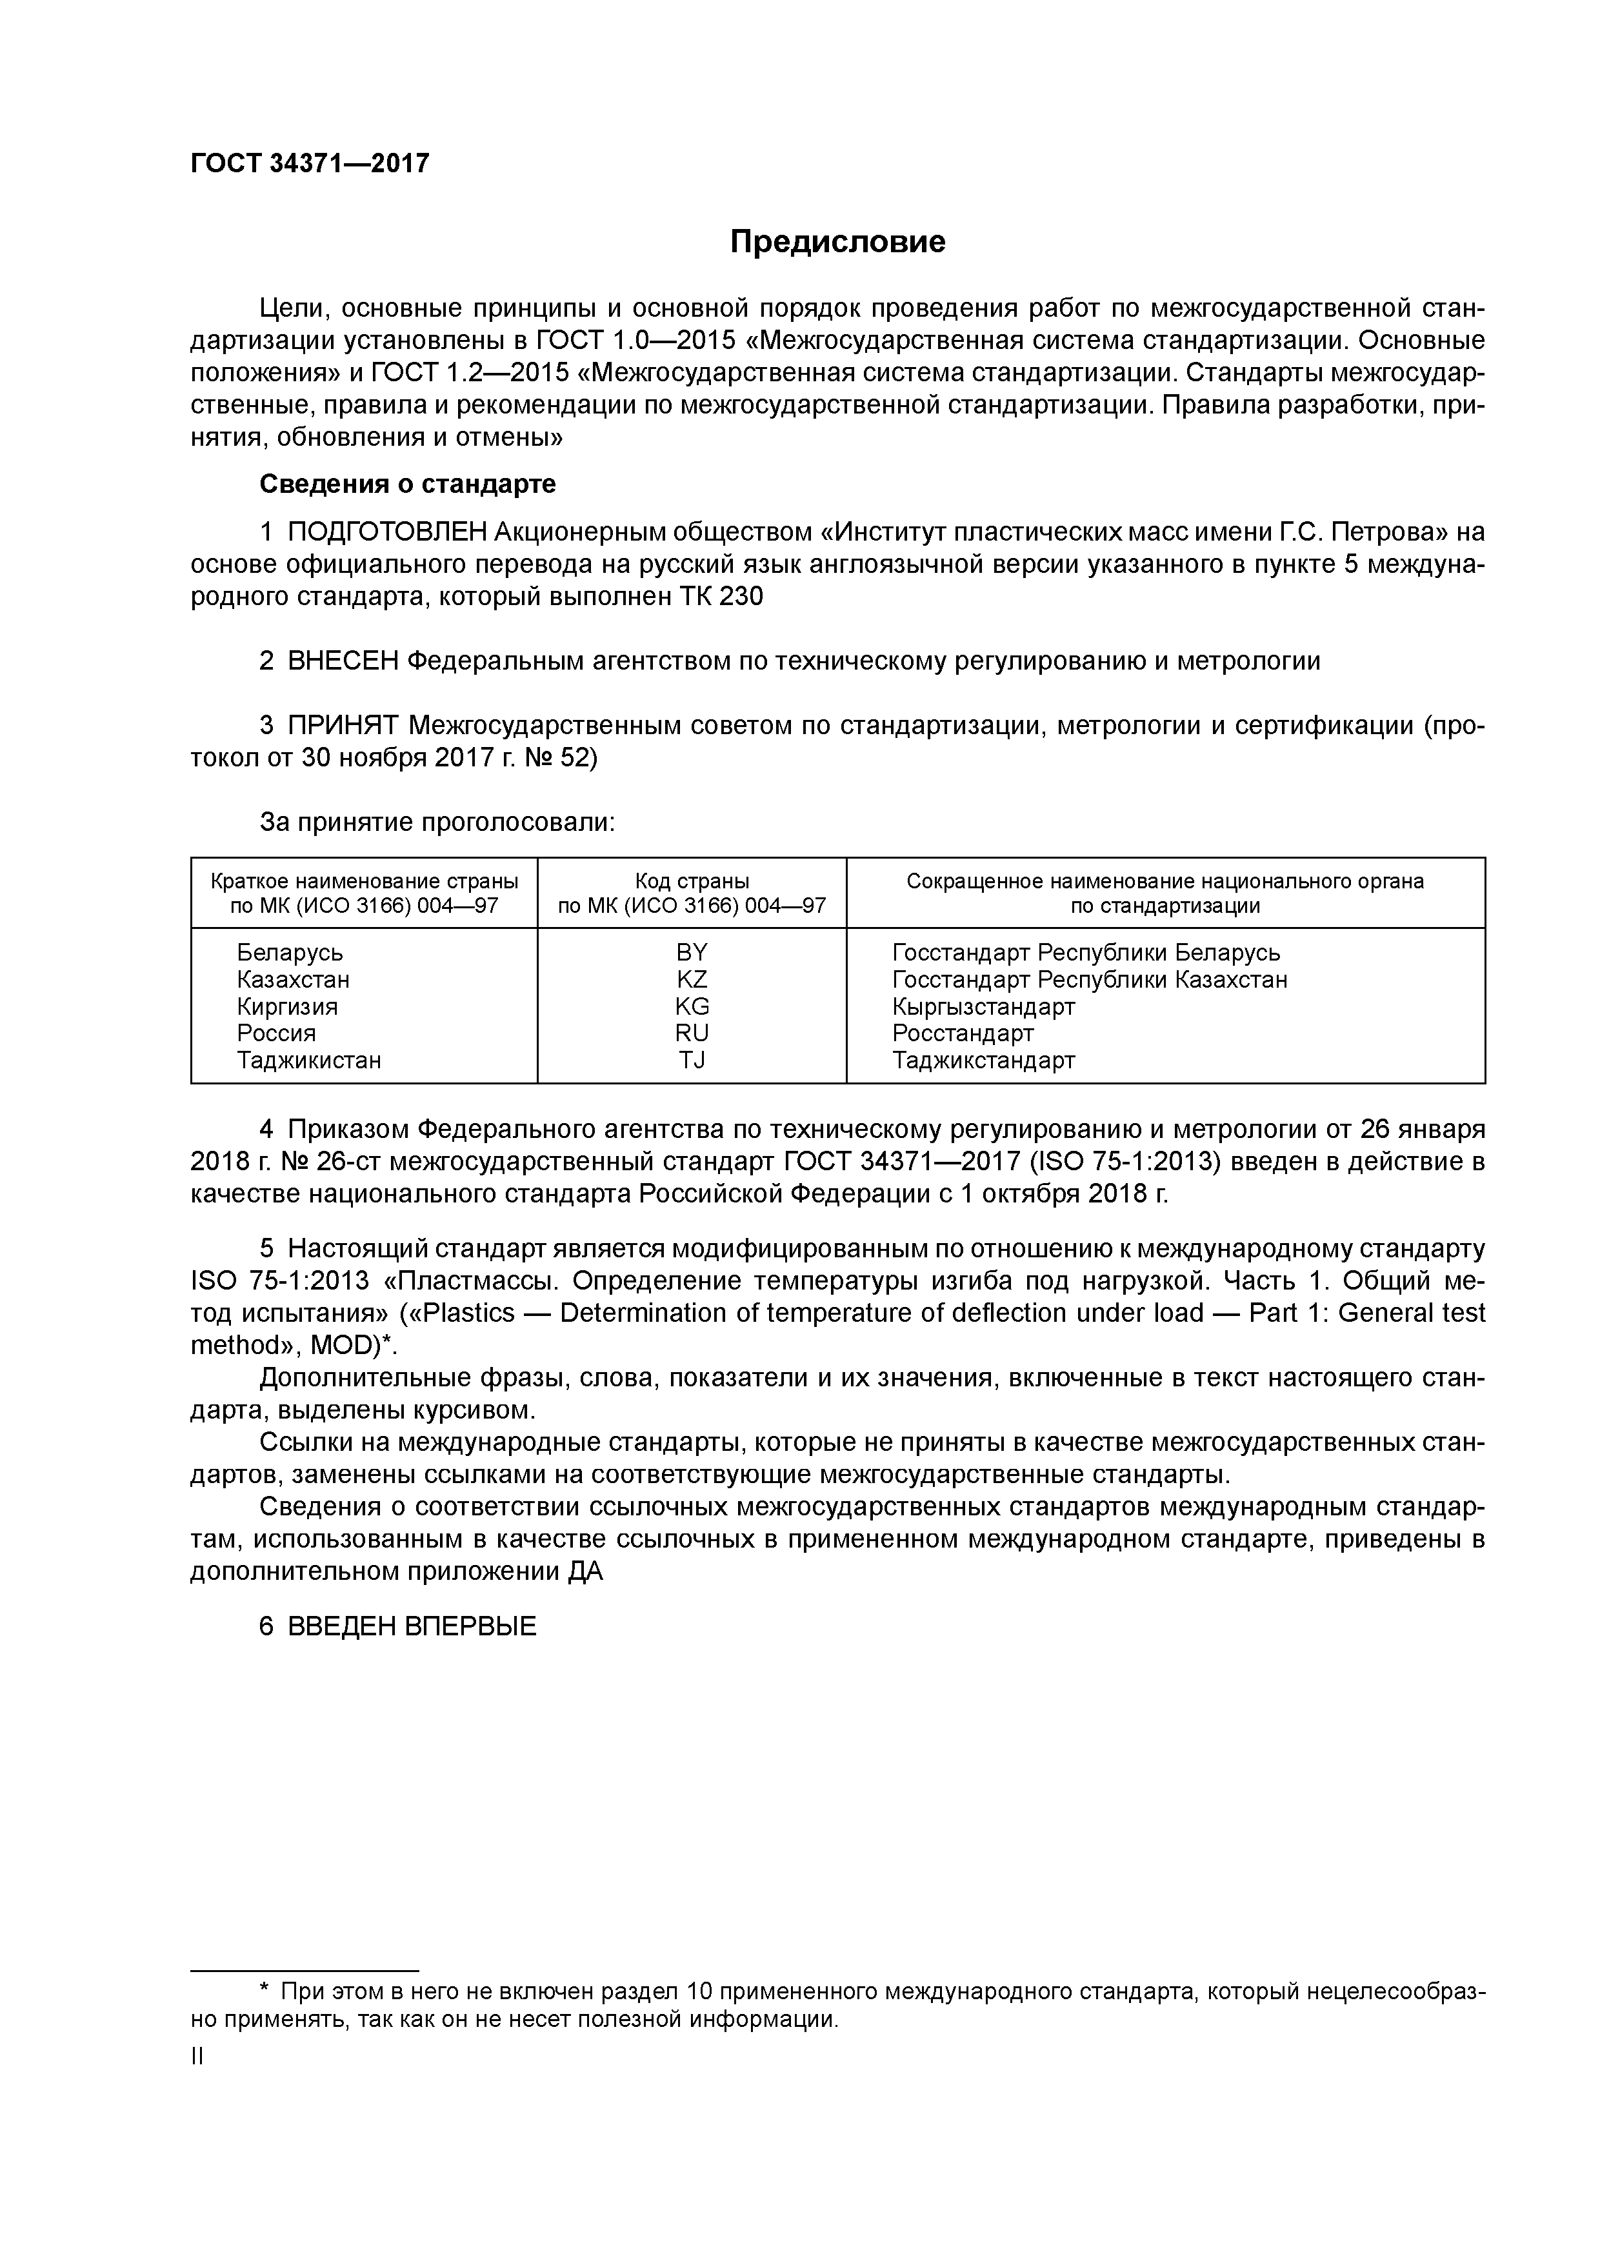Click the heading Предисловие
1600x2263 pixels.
click(x=837, y=241)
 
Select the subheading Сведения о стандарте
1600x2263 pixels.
click(x=407, y=484)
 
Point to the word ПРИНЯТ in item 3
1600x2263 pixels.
click(x=343, y=726)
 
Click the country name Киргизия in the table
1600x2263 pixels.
click(x=287, y=1006)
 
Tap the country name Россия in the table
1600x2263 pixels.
click(x=276, y=1033)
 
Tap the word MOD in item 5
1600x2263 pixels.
click(x=344, y=1346)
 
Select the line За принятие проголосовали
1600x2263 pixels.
click(x=437, y=821)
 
